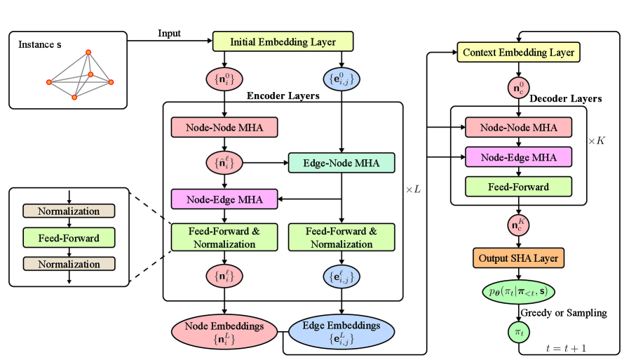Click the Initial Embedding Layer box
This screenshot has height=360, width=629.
coord(283,42)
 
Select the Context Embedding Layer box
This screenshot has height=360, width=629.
coord(518,52)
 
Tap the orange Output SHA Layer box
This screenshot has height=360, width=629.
coord(518,258)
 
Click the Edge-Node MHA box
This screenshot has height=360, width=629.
coord(341,163)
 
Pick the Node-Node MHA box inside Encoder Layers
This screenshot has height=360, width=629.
coord(224,127)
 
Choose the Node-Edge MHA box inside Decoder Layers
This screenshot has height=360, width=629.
coord(518,156)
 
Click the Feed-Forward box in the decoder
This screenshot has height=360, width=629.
coord(518,187)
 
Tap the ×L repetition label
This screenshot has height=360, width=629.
coord(413,189)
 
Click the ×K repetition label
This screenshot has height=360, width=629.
coord(596,141)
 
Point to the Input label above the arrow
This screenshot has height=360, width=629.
coord(169,34)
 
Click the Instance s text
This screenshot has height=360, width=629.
coord(40,46)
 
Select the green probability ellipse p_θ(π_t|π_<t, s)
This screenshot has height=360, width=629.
coord(518,290)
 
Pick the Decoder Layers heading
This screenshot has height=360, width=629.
coord(565,99)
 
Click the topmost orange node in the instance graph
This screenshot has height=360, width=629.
coord(88,52)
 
